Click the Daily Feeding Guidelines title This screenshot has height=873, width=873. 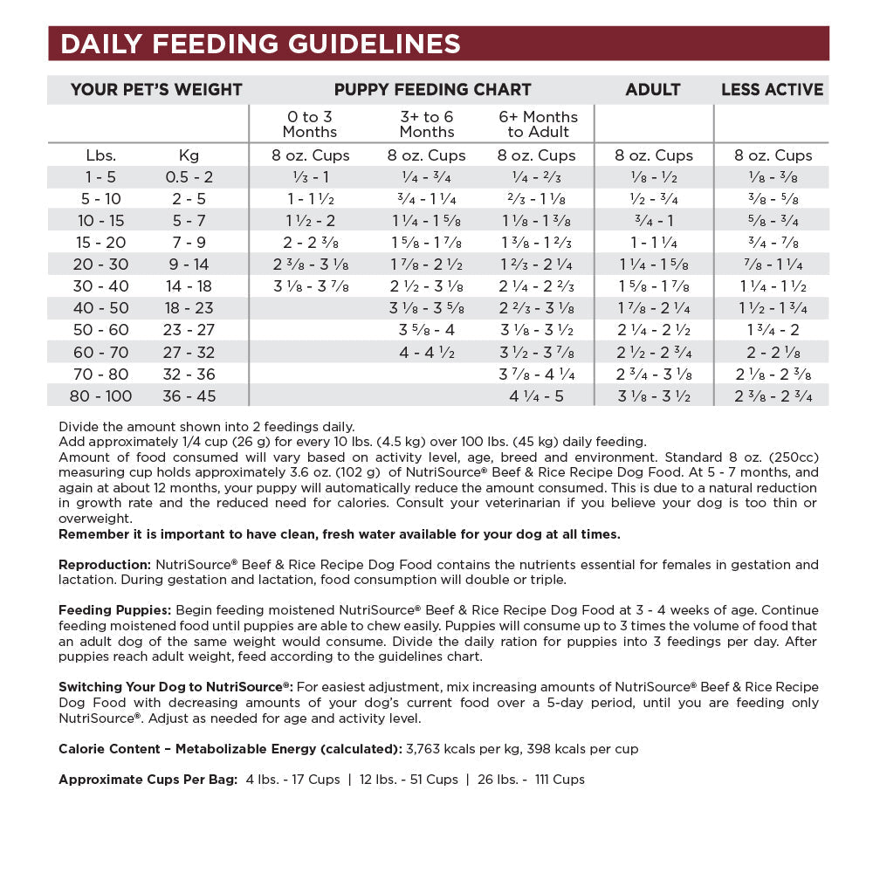pos(260,44)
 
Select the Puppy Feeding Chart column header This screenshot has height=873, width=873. pos(432,89)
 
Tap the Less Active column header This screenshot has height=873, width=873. pos(772,89)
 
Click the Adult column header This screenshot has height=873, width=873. pos(653,89)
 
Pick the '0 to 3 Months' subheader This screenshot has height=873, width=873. pos(309,124)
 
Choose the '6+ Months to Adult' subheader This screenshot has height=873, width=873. pos(538,124)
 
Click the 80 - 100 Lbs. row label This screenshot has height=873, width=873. pos(101,395)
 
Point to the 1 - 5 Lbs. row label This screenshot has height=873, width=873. pos(101,176)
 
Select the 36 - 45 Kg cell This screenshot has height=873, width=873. pos(189,395)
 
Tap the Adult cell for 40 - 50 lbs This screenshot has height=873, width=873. pos(653,308)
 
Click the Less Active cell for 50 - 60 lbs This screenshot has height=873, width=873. pos(773,330)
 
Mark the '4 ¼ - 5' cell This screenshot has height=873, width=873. pos(538,395)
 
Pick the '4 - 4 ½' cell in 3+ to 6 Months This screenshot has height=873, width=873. pos(426,352)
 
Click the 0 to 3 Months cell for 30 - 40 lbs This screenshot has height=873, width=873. pos(311,286)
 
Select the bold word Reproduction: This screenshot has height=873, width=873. pos(105,565)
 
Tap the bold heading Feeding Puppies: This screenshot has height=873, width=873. pos(114,610)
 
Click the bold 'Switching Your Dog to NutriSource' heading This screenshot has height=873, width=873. pos(175,687)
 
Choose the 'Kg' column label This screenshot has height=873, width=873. pos(189,155)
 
